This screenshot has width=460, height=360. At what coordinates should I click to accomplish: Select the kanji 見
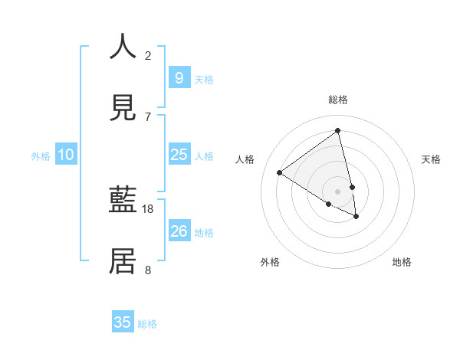point(123,108)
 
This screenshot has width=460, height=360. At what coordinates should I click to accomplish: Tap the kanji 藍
point(123,201)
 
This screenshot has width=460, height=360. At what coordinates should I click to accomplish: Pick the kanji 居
point(123,261)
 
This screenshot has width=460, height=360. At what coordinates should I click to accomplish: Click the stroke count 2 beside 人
point(148,55)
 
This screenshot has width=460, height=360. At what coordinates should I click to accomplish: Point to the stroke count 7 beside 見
point(148,116)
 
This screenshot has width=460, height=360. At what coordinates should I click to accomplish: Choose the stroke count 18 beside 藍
point(149,208)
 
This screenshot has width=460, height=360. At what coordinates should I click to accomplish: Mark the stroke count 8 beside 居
point(148,270)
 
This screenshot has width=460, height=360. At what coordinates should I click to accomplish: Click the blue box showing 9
point(179,77)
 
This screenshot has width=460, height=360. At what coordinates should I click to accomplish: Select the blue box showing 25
point(179,155)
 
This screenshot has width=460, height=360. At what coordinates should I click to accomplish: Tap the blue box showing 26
point(179,231)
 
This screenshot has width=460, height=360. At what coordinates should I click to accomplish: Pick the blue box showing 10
point(66,155)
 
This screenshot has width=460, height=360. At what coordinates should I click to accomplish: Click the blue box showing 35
point(123,322)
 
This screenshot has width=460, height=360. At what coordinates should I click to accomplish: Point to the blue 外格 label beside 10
point(41,156)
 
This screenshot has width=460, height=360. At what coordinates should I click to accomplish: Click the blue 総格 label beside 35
point(147,324)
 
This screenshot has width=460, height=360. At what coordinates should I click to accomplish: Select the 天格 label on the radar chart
point(432,159)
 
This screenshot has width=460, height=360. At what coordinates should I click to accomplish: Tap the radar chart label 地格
point(402,262)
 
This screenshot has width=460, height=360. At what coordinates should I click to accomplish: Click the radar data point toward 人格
point(280,173)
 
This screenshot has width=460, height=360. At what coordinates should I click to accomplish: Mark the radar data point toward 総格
point(337,131)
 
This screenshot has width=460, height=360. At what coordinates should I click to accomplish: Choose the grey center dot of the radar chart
point(337,191)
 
